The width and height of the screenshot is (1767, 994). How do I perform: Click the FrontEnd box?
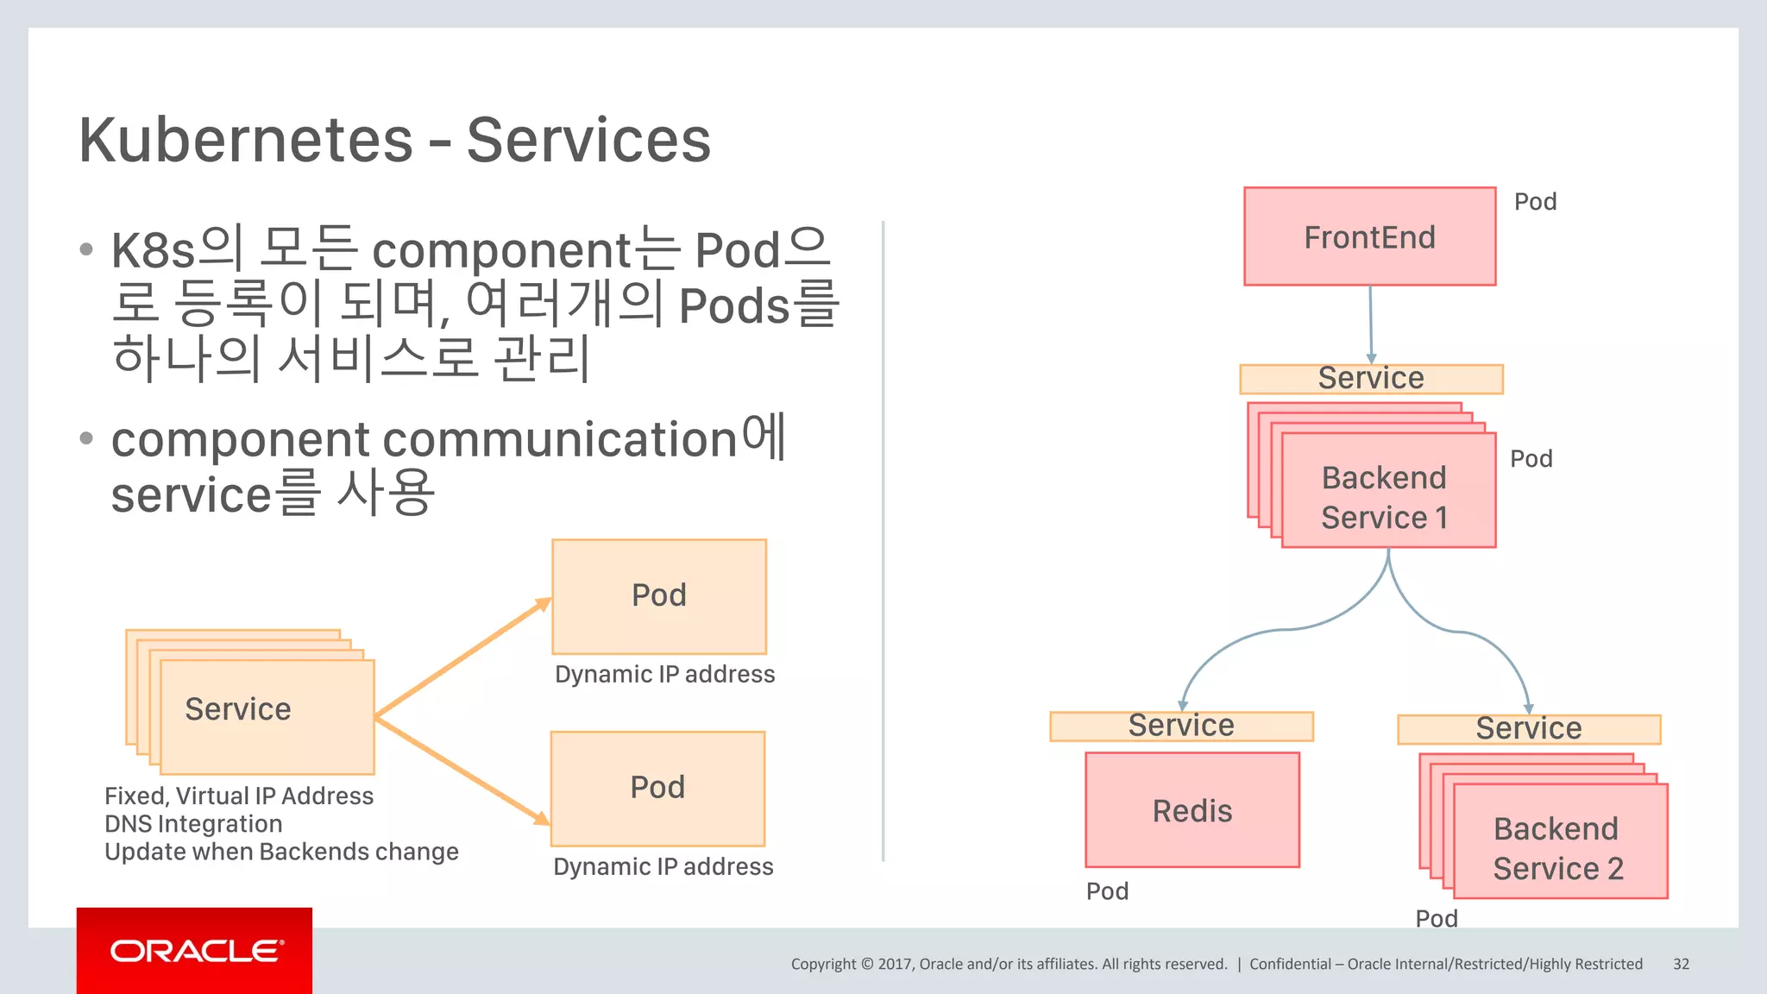[1369, 236]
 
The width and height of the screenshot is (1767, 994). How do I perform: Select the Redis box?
[1192, 809]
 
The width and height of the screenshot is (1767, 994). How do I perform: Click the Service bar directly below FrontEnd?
[1371, 379]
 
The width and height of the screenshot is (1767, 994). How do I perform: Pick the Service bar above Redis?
[1181, 726]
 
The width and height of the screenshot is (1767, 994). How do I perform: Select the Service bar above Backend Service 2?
[1529, 729]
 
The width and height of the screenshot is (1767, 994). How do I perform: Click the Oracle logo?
[195, 951]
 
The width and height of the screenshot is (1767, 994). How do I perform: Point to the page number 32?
[1681, 964]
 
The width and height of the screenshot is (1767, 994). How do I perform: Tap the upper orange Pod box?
[659, 596]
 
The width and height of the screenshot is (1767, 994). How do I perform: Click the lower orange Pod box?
[657, 788]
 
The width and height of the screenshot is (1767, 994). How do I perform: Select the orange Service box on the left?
[267, 715]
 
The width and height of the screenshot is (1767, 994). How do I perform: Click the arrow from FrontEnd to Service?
[1370, 324]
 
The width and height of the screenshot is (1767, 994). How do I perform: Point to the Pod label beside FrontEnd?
[1536, 202]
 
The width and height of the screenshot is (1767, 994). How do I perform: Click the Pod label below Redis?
[1107, 891]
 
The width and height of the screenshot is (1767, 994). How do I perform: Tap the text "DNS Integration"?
[193, 824]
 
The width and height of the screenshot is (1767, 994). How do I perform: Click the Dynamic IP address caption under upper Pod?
[664, 674]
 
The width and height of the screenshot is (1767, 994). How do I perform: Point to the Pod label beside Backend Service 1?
[1531, 459]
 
